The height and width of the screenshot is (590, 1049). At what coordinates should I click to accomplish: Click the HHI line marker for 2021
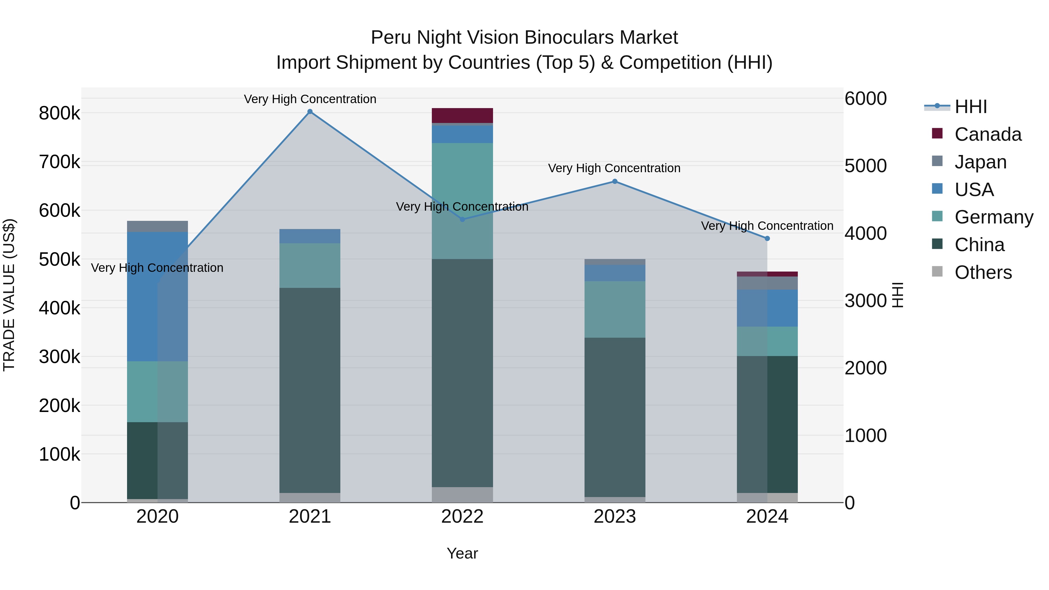pos(310,112)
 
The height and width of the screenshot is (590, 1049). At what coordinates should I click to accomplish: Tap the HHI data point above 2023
pos(615,182)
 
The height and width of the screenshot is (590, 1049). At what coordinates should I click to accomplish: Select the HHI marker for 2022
pos(462,219)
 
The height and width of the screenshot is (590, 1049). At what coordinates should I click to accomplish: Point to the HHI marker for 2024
pos(767,239)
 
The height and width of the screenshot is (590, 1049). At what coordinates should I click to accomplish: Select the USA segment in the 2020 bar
pos(158,296)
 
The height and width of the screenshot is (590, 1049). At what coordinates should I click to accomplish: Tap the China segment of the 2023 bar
pos(615,417)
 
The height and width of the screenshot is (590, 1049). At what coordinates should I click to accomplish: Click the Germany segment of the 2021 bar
pos(310,265)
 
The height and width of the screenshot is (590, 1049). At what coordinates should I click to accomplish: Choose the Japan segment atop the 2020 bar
pos(158,226)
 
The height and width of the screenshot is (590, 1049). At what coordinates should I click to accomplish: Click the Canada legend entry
pos(988,134)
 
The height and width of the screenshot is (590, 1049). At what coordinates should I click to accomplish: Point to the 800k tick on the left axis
pos(59,113)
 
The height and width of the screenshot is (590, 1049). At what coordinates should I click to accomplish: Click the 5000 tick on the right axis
pos(866,166)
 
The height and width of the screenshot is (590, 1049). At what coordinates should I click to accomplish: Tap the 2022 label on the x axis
pos(462,517)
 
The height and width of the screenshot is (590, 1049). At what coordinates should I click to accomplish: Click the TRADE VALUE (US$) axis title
pos(9,295)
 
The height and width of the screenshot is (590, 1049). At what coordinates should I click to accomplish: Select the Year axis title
pos(462,553)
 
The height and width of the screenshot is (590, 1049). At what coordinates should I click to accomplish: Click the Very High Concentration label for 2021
pos(310,99)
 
